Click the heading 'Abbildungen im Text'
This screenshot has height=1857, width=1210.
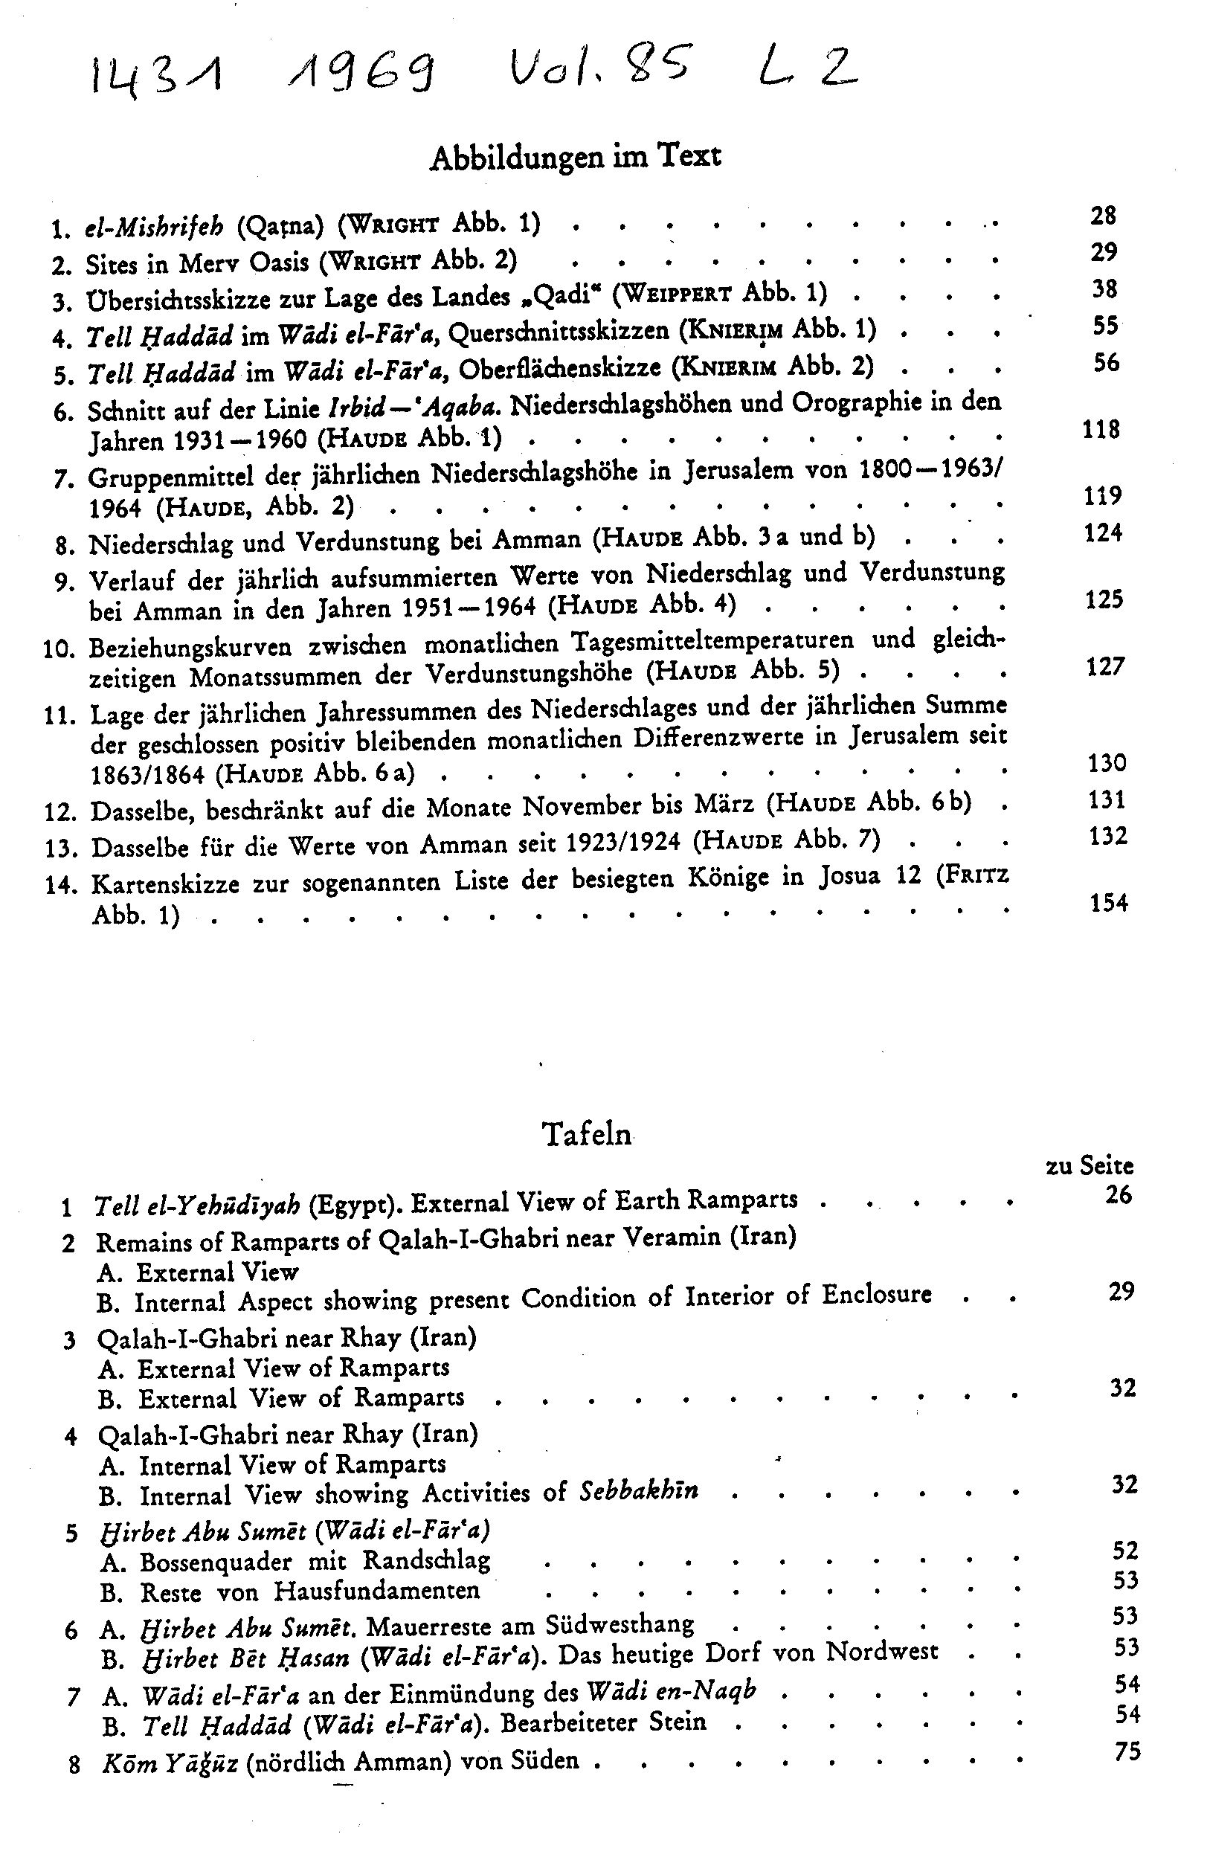576,157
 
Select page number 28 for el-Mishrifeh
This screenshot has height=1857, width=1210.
1103,216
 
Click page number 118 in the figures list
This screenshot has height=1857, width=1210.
1101,429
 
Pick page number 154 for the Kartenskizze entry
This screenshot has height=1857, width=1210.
1108,903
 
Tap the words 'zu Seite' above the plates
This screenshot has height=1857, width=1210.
1089,1165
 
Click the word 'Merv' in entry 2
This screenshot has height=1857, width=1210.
207,264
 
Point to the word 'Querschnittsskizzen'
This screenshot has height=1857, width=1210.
559,332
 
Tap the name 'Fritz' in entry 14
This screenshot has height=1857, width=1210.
976,875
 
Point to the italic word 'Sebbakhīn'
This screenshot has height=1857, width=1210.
638,1491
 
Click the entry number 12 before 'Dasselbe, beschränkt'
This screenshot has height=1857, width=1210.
59,812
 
